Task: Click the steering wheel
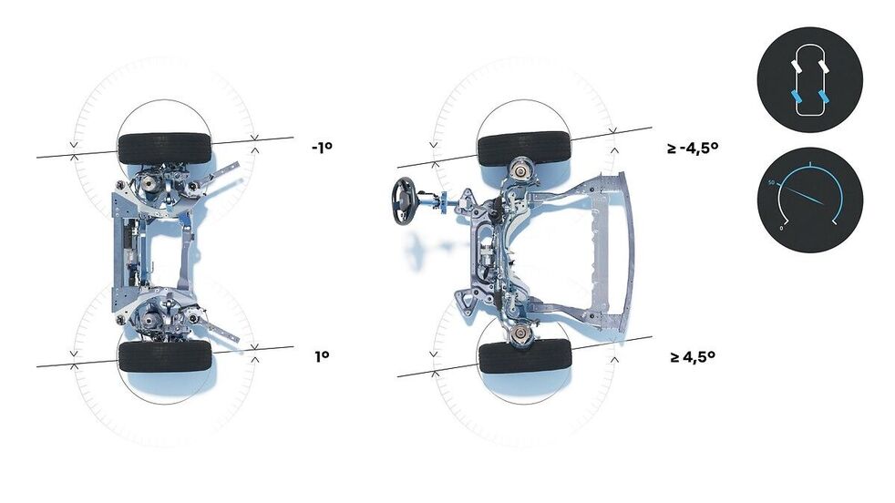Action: point(403,201)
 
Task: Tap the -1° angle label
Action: point(322,148)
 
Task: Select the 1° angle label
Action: point(322,356)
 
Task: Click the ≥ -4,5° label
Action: point(693,148)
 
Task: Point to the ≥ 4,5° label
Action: point(693,357)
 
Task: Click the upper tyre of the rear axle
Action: point(164,149)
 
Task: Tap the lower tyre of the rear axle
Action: point(165,356)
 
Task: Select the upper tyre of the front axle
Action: point(524,149)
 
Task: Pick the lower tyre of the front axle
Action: point(525,357)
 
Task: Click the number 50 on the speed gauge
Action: point(772,183)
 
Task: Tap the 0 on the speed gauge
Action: point(781,229)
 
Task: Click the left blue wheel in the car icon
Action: point(796,98)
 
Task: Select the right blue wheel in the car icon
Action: point(824,98)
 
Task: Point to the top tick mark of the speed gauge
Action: point(810,166)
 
